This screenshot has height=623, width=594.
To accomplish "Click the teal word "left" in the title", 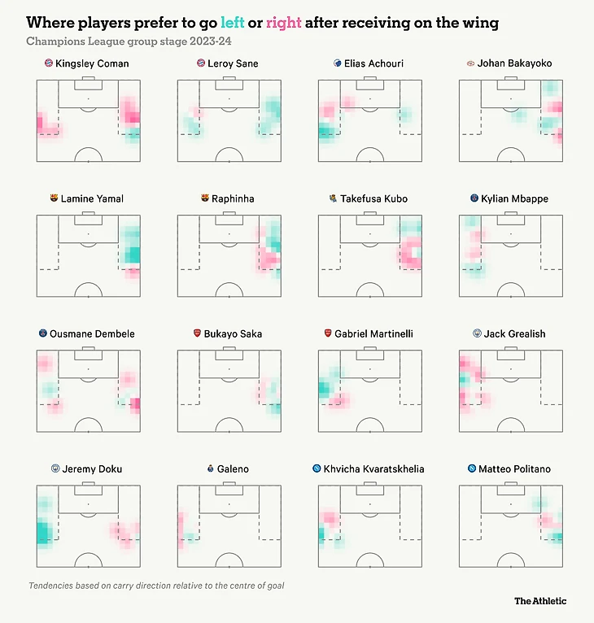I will [x=232, y=23].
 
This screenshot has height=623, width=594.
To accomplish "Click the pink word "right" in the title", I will [x=283, y=23].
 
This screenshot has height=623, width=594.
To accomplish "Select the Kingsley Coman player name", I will [x=92, y=63].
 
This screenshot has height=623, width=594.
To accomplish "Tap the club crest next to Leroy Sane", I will [x=200, y=63].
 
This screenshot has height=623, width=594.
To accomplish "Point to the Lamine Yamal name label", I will [x=92, y=198].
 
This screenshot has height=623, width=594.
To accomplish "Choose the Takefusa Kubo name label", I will [x=374, y=198].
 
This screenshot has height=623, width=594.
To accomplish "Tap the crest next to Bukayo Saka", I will [x=197, y=333].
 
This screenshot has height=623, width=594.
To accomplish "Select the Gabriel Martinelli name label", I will [x=374, y=333].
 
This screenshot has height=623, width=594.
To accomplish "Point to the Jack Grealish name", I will [x=514, y=333].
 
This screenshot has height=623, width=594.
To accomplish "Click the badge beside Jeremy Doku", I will [x=55, y=468].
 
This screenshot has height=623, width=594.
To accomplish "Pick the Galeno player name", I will [x=233, y=468].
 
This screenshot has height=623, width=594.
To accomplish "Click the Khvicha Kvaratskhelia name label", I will [x=373, y=468].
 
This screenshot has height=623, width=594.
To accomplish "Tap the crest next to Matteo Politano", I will [x=471, y=468].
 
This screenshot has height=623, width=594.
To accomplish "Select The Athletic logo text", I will [x=540, y=601].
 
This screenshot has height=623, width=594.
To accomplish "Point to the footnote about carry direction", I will [x=156, y=586].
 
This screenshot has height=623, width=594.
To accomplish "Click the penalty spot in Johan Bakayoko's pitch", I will [x=510, y=98].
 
